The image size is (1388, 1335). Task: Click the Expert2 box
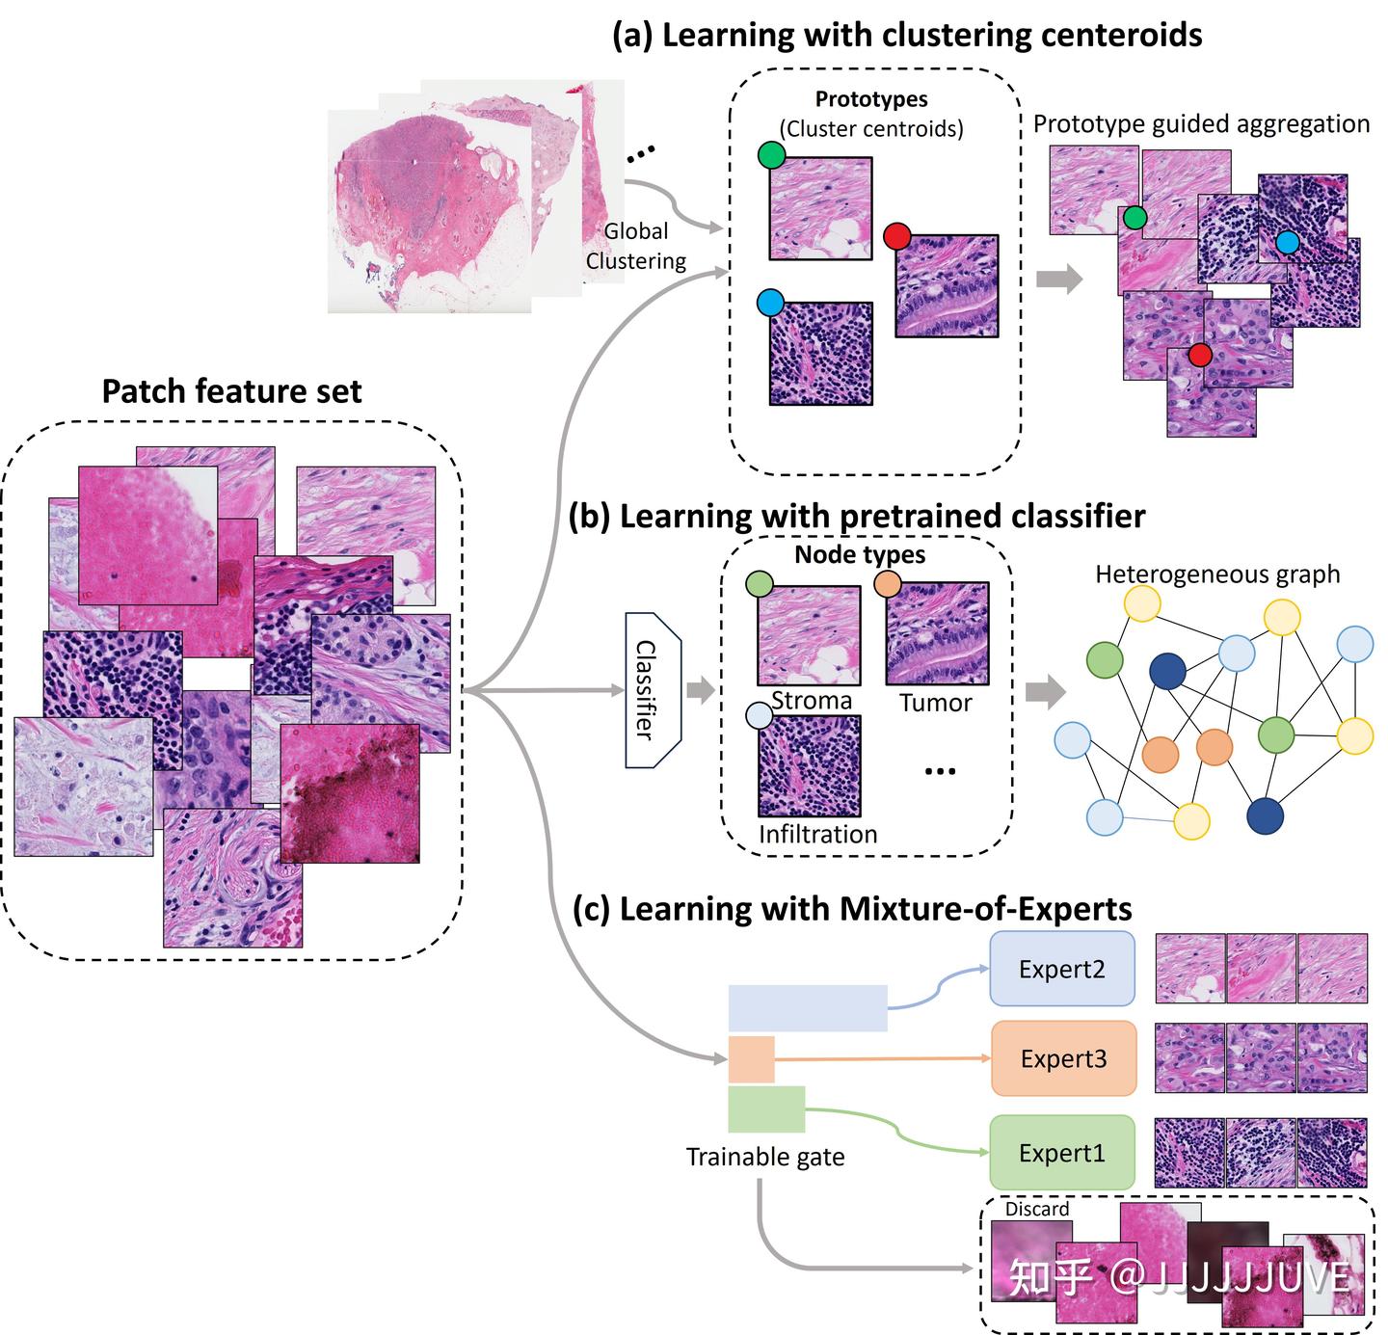tap(1062, 969)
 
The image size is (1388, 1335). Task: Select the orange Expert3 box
tap(1063, 1058)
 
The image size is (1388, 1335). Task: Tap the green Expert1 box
tap(1061, 1153)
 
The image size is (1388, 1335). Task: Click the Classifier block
tap(653, 690)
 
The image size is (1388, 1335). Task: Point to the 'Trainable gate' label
tap(764, 1157)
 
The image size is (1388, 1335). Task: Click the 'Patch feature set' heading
tap(231, 391)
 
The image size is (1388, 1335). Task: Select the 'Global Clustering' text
tap(635, 246)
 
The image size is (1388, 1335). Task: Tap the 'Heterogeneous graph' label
tap(1216, 574)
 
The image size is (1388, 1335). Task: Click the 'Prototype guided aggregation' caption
tap(1201, 124)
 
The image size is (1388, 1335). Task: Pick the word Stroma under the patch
tap(812, 701)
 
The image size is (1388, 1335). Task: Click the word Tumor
tap(935, 703)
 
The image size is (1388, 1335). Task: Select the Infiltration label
tap(817, 834)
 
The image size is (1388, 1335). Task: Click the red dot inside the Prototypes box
tap(897, 236)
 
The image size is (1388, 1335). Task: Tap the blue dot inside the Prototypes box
tap(770, 303)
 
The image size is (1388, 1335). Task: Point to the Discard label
tap(1036, 1209)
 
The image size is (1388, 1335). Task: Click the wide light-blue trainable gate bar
tap(807, 1008)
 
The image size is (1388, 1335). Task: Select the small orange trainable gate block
tap(751, 1059)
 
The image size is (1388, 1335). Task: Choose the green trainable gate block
tap(766, 1108)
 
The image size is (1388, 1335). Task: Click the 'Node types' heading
tap(859, 555)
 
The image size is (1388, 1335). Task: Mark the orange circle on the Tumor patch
tap(887, 583)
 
